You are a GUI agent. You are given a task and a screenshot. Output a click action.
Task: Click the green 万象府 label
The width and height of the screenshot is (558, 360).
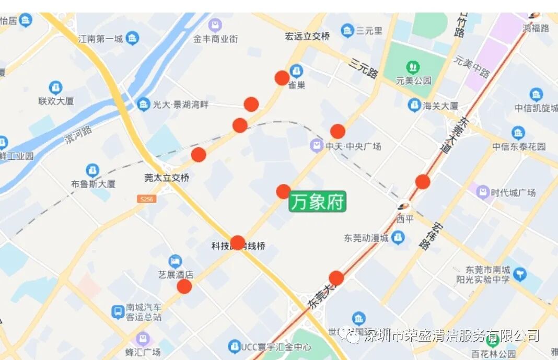[318, 202]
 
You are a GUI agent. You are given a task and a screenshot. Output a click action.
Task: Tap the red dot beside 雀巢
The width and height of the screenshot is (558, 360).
[282, 78]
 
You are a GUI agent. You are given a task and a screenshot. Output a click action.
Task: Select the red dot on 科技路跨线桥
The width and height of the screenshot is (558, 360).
[238, 242]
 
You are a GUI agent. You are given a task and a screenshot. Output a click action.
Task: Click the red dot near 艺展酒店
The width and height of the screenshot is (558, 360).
[184, 286]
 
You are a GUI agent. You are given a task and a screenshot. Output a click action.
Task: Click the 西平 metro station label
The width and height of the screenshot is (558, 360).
[405, 219]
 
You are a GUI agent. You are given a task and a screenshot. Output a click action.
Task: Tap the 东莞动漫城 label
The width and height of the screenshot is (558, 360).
[366, 238]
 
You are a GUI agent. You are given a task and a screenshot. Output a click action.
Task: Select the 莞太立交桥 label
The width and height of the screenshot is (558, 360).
[167, 178]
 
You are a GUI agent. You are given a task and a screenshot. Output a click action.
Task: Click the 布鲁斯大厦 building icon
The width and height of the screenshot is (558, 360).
[92, 170]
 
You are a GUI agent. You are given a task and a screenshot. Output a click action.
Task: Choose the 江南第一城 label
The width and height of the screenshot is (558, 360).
[100, 39]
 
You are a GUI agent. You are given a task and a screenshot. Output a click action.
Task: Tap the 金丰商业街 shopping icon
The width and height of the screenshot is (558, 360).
[215, 25]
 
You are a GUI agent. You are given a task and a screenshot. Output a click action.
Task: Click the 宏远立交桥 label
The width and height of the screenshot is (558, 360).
[308, 36]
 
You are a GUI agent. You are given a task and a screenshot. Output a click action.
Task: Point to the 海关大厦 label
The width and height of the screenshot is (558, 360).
[440, 106]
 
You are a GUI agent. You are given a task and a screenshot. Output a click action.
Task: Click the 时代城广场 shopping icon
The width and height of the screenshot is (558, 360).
[483, 192]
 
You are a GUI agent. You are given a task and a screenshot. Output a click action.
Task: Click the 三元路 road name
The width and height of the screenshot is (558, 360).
[364, 68]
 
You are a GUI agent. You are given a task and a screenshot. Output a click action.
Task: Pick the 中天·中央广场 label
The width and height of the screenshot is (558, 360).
[353, 146]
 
